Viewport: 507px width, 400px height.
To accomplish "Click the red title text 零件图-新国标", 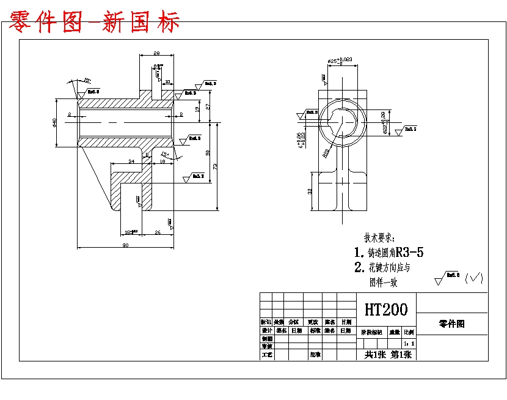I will point(95,22).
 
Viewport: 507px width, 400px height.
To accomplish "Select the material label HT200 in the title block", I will point(385,309).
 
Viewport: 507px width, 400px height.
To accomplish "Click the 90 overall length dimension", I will point(125,245).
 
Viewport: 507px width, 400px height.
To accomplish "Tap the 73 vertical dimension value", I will point(215,165).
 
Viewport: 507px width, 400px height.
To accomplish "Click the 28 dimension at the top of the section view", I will point(156,53).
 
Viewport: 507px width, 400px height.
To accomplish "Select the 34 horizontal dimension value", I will point(131,161).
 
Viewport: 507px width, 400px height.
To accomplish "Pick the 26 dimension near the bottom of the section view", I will point(157,232).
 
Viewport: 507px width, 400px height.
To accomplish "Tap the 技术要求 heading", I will point(379,237).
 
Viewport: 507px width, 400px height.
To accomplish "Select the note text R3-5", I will point(410,252).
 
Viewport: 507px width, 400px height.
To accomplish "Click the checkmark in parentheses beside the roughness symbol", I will point(474,278).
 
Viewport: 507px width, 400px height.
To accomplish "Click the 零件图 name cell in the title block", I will point(451,324).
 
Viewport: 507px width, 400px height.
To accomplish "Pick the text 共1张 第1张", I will point(386,354).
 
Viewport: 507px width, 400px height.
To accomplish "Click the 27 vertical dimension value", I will point(207,106).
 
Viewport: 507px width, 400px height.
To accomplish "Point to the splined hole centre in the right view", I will point(342,121).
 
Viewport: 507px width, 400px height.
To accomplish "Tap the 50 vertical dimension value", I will point(207,152).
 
